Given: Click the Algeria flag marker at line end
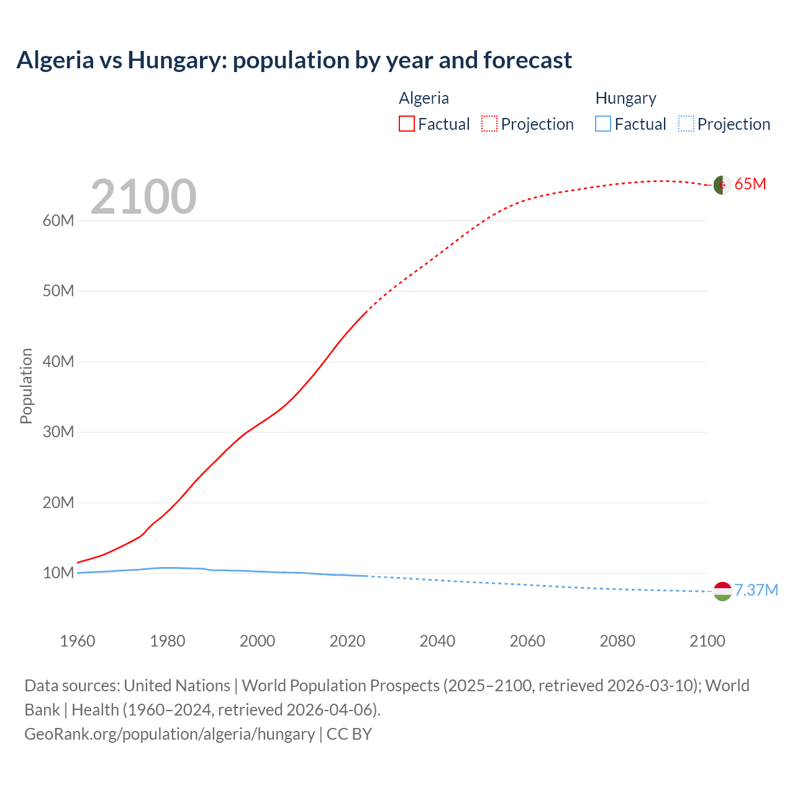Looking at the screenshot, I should [722, 185].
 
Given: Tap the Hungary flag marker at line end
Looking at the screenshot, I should [722, 591].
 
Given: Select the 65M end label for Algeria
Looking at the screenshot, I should [750, 184].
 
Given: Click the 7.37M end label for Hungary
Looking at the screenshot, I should [756, 590].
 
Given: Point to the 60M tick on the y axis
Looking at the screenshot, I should [58, 221].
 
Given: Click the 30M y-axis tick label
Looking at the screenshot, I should [58, 432].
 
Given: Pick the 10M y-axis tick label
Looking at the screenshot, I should [58, 573].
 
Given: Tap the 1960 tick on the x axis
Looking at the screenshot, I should [78, 641].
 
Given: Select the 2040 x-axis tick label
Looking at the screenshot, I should [437, 641].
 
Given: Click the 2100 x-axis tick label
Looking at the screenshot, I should [707, 641].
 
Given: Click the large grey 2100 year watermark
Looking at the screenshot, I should [143, 198].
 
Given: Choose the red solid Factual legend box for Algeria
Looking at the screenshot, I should [406, 124].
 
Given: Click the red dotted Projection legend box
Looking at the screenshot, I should [489, 124].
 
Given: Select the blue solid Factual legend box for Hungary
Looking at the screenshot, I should [603, 124].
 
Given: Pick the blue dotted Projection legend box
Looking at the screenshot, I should [686, 124].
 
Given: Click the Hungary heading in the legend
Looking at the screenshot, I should [625, 98].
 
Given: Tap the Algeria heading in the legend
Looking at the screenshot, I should [424, 98].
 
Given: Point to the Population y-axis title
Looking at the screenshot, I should [26, 386].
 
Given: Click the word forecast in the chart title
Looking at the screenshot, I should [527, 60].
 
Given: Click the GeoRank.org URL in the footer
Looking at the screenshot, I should [170, 734].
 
